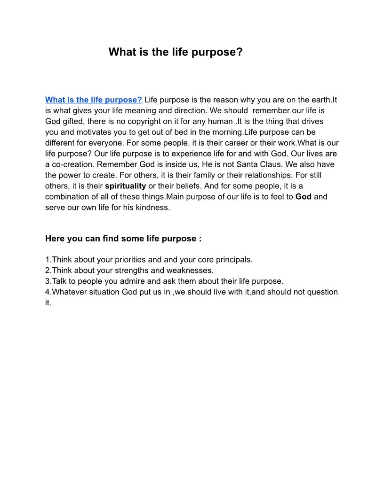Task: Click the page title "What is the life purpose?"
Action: coord(176,52)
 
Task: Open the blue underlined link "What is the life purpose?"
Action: coord(94,100)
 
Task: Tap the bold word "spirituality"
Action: coord(125,186)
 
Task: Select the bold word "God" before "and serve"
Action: coord(304,197)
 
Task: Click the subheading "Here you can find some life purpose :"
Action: coord(123,239)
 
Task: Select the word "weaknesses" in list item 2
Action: coord(190,271)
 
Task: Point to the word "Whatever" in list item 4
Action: coord(68,292)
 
